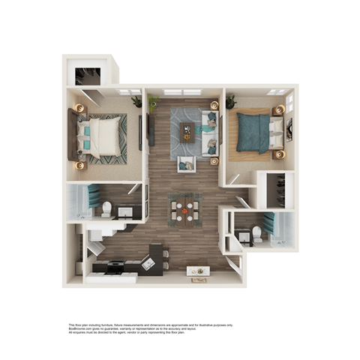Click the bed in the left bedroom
pyautogui.click(x=103, y=138)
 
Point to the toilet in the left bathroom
pyautogui.click(x=106, y=208)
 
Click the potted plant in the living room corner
pyautogui.click(x=154, y=100)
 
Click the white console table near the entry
pyautogui.click(x=198, y=270)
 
